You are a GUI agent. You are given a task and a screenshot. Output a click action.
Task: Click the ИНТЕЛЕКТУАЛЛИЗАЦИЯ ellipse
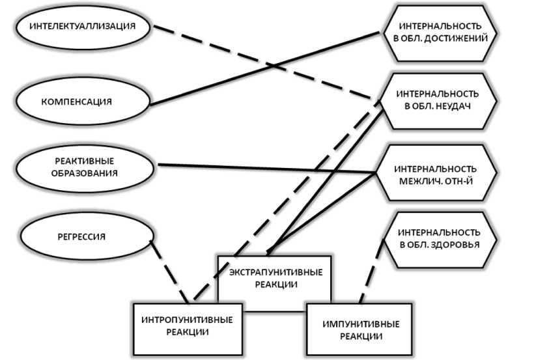coord(85,27)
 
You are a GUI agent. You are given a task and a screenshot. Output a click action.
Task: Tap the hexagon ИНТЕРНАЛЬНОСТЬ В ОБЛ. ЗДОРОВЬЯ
coord(440,238)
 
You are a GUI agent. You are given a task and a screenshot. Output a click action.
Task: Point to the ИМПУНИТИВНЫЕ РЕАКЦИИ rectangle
coord(361,329)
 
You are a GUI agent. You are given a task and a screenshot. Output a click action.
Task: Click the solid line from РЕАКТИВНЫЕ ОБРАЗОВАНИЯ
coord(267,169)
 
